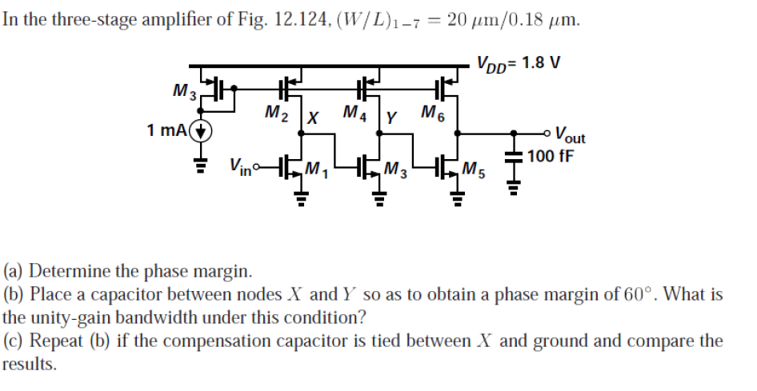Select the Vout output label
pos(570,135)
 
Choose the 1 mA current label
pos(168,130)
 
